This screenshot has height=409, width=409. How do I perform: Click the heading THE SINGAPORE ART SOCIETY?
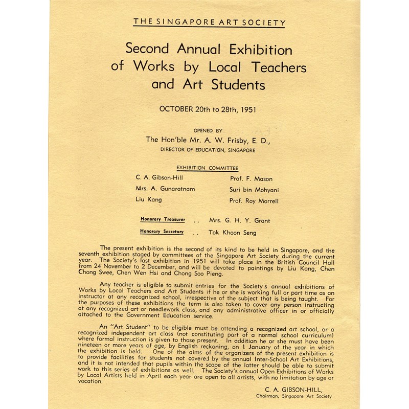(209, 22)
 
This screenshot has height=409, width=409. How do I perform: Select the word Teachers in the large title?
(279, 66)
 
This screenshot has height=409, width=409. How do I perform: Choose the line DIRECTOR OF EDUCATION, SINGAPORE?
(208, 150)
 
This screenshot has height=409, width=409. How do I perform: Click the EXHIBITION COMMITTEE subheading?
(207, 168)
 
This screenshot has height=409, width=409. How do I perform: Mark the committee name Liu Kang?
(148, 200)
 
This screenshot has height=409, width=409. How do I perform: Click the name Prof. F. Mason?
(251, 179)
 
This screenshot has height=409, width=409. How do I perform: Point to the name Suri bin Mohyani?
(254, 190)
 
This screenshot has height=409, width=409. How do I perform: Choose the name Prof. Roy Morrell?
(254, 201)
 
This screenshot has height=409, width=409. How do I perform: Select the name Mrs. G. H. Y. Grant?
(240, 221)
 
